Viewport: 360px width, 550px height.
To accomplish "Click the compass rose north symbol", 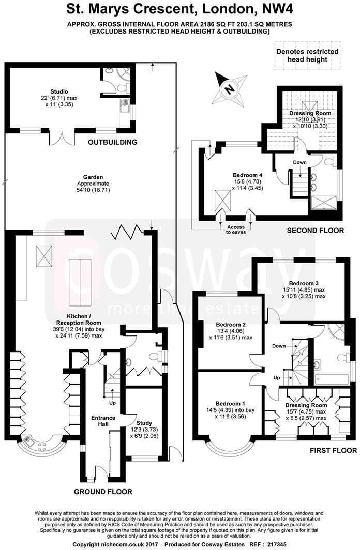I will coord(228,89).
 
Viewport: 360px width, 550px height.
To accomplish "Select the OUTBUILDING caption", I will coord(112,142).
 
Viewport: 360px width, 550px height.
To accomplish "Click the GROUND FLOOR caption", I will coord(102,492).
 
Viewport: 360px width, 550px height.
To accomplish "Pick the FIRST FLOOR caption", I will coord(333,450).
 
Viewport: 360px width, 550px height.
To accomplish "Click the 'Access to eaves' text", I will coord(236,230).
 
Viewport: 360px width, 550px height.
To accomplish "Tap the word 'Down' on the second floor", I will coord(299,163).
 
